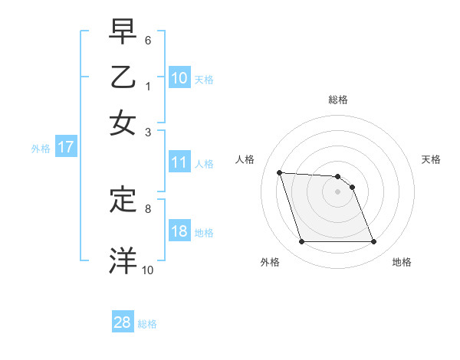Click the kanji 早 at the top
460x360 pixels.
[123, 33]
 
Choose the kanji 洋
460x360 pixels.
[123, 260]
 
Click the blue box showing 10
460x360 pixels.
[179, 78]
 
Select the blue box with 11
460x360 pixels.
[179, 162]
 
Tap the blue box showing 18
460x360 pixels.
[179, 231]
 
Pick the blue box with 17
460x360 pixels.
[65, 148]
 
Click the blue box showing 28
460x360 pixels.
[123, 322]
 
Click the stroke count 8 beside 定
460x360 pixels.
[148, 208]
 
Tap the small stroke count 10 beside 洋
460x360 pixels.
[147, 269]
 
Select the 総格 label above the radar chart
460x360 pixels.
[338, 100]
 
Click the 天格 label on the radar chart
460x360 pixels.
[431, 159]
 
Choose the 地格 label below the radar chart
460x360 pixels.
[402, 262]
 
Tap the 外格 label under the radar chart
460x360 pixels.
[270, 262]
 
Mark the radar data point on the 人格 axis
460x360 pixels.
[280, 172]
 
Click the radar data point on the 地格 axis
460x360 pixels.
[373, 242]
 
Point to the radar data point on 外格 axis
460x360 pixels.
[301, 242]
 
